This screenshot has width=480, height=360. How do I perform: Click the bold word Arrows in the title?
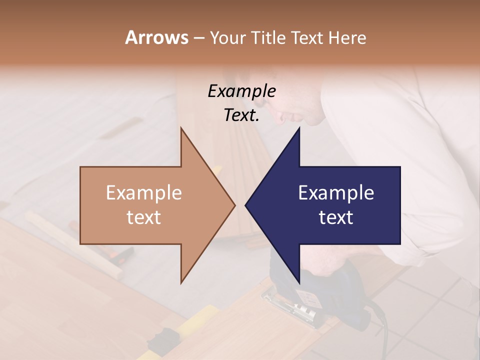pos(156,37)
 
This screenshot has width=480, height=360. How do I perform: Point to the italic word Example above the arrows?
pos(241,91)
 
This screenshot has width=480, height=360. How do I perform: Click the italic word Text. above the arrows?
pos(241,115)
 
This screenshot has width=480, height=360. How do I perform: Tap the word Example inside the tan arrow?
pos(143,193)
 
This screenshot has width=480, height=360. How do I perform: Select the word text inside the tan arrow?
pos(143,217)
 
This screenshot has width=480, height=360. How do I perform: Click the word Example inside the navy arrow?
pos(336,193)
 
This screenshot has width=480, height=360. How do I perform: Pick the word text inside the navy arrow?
pos(336,217)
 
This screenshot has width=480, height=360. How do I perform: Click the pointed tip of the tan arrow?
pos(234,205)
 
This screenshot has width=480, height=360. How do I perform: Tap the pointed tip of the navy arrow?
pos(245,205)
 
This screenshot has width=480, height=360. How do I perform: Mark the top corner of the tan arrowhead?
pos(181,128)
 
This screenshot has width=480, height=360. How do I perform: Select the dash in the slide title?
pos(198,38)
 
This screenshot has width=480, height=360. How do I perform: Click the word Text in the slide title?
pos(307,37)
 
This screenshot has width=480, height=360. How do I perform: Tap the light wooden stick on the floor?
pos(75,245)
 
